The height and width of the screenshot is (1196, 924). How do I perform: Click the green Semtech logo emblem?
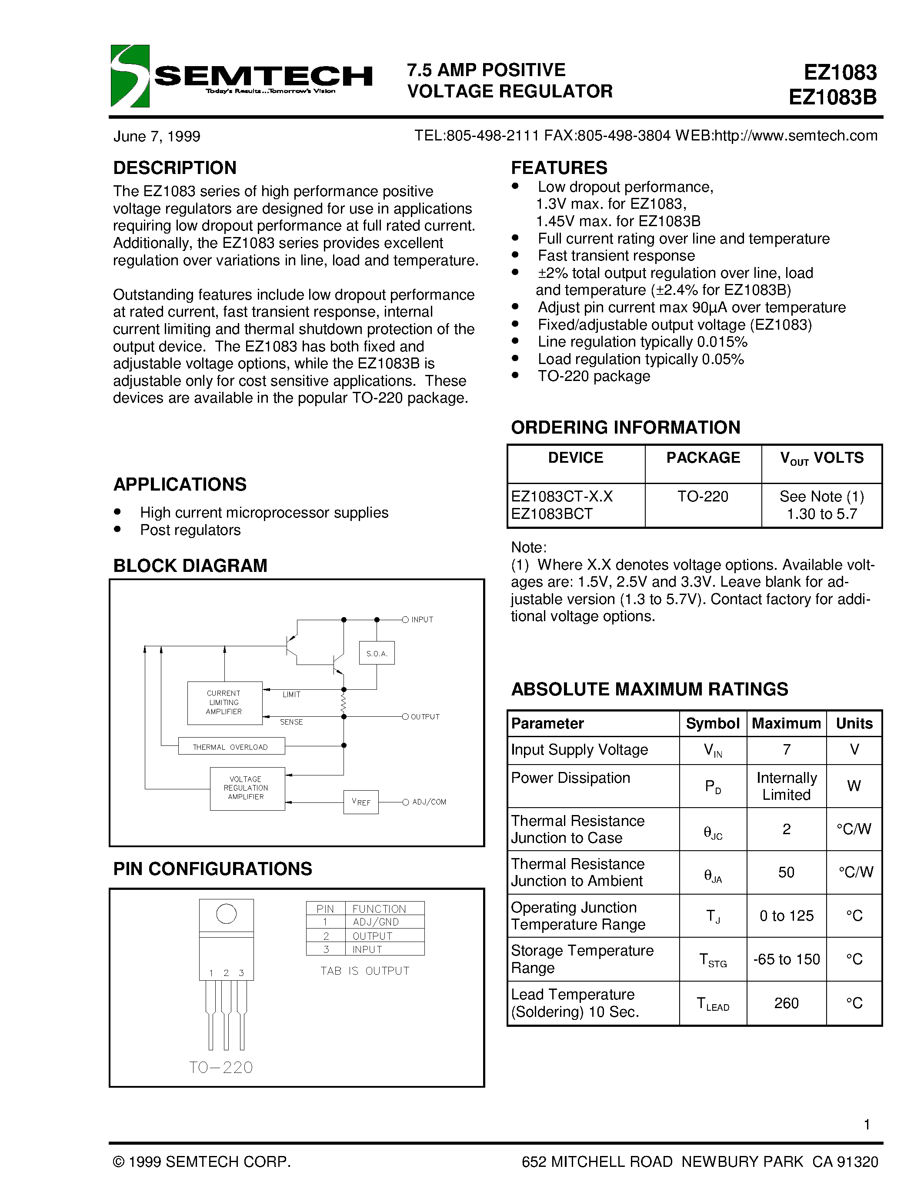[x=130, y=76]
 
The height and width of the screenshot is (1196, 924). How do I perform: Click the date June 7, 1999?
[x=157, y=137]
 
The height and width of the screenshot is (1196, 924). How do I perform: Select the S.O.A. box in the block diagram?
[x=377, y=653]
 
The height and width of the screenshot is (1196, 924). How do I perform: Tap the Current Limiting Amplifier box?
[x=224, y=702]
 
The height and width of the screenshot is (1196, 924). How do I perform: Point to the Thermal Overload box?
[x=231, y=746]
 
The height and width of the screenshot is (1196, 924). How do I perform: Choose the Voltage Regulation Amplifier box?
[x=247, y=788]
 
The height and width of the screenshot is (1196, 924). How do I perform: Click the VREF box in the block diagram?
[x=361, y=802]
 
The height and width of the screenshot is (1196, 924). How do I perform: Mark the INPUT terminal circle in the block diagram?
[x=405, y=619]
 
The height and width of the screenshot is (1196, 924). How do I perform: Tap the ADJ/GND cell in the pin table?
[x=376, y=922]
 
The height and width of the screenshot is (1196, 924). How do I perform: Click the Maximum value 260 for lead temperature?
[x=786, y=1003]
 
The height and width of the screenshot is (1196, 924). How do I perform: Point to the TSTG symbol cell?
[x=713, y=959]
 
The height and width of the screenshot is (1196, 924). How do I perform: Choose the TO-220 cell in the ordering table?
[x=703, y=497]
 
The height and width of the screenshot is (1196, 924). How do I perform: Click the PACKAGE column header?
[x=703, y=458]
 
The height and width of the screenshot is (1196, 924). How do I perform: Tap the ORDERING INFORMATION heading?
[x=625, y=427]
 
